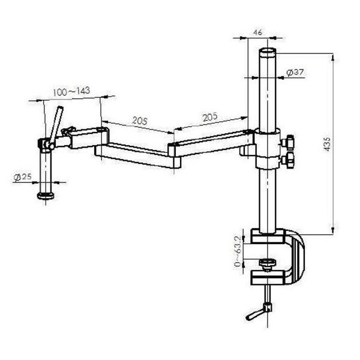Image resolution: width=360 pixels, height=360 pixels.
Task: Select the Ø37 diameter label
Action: [296, 73]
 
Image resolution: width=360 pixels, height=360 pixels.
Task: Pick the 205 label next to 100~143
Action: [139, 121]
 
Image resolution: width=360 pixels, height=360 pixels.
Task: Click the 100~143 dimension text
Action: [71, 91]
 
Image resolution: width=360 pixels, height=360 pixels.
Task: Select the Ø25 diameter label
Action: [22, 177]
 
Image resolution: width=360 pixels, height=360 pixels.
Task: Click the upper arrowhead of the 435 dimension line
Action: [331, 57]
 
